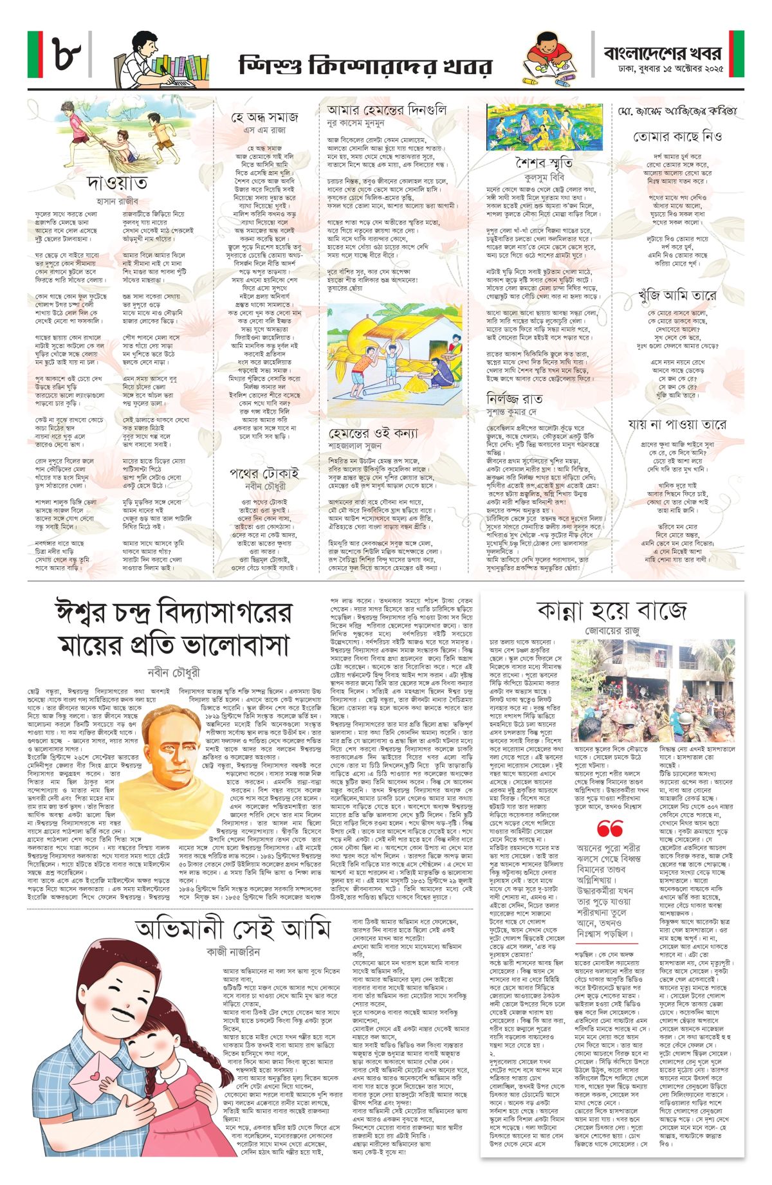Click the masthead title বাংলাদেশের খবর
click(x=662, y=53)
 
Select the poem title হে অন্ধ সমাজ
click(x=264, y=117)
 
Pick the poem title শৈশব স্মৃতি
click(x=544, y=163)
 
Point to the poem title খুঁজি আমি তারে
click(x=677, y=296)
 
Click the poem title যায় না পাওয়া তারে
click(x=677, y=424)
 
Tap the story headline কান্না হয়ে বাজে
click(x=612, y=609)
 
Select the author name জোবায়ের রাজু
click(x=612, y=632)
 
